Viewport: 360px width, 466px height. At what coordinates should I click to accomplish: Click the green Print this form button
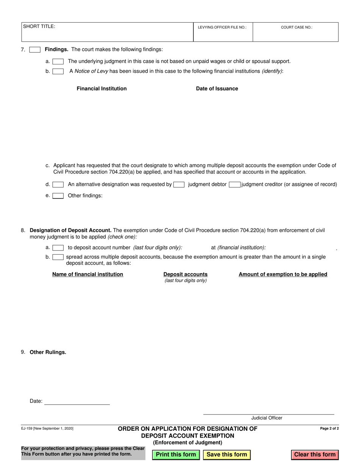[x=176, y=455]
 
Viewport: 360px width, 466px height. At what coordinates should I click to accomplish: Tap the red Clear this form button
[x=315, y=455]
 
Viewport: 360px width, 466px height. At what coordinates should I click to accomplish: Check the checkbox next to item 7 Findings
[x=35, y=50]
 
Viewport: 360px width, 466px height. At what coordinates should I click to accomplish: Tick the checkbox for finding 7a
[x=58, y=61]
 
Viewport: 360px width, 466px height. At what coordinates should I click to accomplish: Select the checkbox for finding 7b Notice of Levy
[x=58, y=71]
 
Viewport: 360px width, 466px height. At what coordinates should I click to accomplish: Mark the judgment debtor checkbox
[x=179, y=185]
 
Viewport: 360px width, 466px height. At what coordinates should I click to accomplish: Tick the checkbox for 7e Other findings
[x=58, y=196]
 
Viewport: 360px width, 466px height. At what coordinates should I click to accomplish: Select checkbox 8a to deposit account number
[x=58, y=248]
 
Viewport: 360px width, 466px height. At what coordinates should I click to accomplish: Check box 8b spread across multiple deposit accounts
[x=58, y=257]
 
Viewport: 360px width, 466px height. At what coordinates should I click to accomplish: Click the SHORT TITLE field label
[x=39, y=27]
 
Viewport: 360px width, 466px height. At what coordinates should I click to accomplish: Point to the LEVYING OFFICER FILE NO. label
[x=222, y=28]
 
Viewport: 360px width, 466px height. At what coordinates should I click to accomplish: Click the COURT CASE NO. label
[x=296, y=28]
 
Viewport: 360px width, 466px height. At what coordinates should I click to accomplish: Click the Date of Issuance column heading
[x=217, y=89]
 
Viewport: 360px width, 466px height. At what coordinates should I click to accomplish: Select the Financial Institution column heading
[x=102, y=89]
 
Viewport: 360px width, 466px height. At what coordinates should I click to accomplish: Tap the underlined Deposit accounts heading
[x=185, y=274]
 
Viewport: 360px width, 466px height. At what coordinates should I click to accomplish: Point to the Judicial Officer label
[x=267, y=418]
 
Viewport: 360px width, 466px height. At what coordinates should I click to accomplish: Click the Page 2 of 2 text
[x=329, y=428]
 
